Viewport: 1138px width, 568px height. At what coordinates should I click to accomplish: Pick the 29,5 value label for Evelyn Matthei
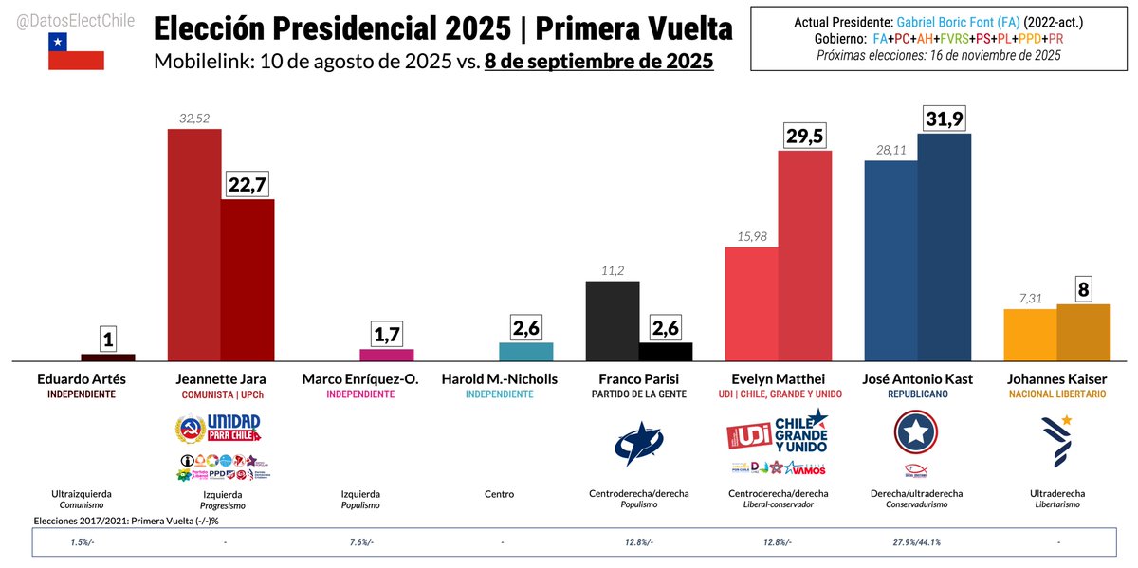[x=805, y=135]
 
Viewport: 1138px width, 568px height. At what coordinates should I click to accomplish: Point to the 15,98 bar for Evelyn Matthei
[x=752, y=303]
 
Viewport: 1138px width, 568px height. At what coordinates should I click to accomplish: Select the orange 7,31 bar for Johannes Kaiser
[x=1030, y=335]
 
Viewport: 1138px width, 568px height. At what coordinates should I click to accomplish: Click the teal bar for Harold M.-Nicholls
[x=526, y=352]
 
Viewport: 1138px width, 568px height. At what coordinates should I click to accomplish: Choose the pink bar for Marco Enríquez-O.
[x=387, y=355]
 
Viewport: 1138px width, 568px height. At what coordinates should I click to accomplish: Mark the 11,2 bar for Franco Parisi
[x=613, y=321]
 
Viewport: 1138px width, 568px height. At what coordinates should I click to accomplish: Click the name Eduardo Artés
[x=81, y=379]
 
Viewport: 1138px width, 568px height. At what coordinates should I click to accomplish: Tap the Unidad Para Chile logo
[x=219, y=429]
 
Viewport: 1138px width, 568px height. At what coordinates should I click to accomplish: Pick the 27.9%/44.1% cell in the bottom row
[x=917, y=541]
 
